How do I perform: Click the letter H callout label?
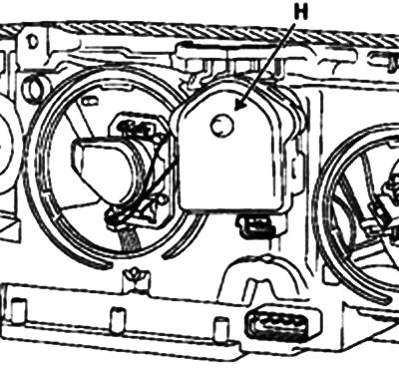[301, 13]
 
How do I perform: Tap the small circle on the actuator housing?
[221, 125]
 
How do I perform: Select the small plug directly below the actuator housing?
[255, 226]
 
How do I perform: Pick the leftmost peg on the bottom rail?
[19, 308]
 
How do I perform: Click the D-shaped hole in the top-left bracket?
[32, 43]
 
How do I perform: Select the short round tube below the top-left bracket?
[34, 86]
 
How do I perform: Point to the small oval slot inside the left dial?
[89, 102]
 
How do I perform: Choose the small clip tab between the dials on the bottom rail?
[134, 278]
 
